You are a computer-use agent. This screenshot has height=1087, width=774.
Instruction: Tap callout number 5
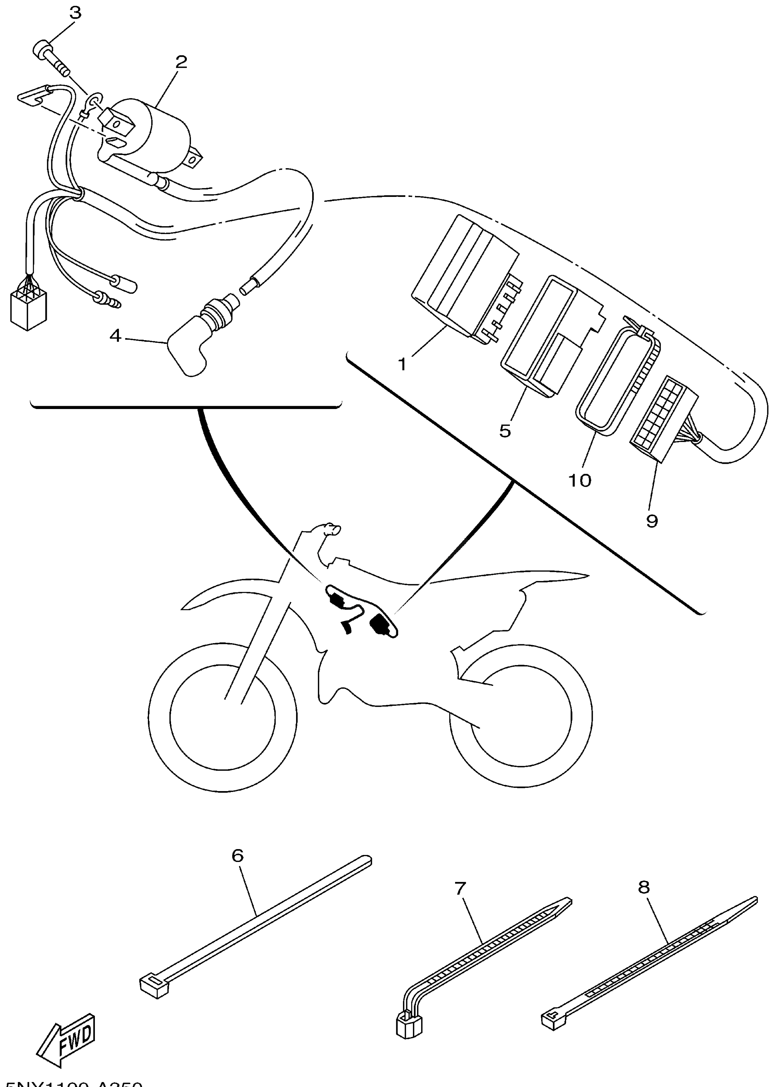click(505, 431)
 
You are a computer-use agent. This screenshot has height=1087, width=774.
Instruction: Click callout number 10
click(580, 481)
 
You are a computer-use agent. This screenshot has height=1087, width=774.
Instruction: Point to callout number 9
click(652, 521)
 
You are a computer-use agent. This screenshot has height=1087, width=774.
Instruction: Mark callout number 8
click(644, 887)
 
